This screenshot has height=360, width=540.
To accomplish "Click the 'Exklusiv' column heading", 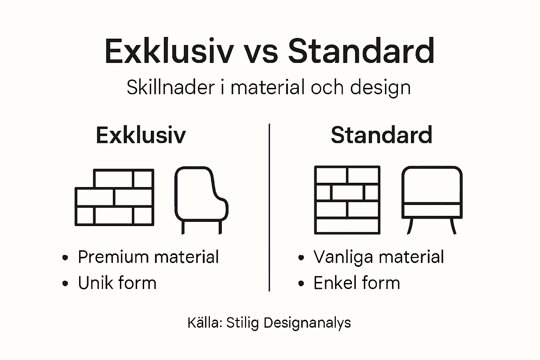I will [x=141, y=135].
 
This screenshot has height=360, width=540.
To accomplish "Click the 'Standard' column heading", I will [x=381, y=135].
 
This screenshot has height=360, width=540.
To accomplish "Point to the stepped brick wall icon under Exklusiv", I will [x=115, y=197].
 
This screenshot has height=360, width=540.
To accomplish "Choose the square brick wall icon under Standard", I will [x=347, y=200].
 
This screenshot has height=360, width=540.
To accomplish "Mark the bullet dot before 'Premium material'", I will [x=65, y=258].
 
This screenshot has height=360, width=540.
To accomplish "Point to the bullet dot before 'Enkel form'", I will [x=301, y=284].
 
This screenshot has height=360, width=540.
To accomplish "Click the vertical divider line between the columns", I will [x=269, y=207].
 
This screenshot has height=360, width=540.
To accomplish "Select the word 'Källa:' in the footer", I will [x=205, y=323].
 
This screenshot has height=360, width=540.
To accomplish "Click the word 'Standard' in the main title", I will [x=361, y=52].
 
